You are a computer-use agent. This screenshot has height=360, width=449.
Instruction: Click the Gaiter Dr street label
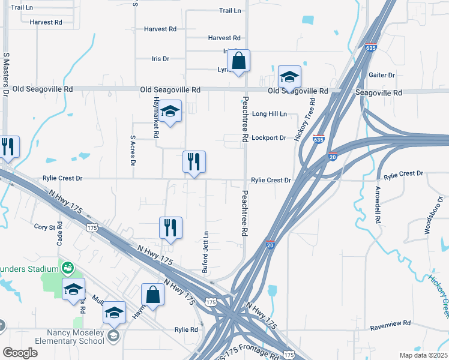tap(382, 75)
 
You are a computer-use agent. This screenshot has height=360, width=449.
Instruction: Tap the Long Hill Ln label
tap(269, 113)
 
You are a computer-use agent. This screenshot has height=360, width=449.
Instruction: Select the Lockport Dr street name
tap(268, 137)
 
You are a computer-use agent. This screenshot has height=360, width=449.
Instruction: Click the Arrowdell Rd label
tap(378, 205)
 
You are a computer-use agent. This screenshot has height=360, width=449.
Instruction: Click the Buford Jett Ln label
tap(206, 253)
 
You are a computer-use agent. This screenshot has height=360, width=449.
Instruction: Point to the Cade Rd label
tap(59, 234)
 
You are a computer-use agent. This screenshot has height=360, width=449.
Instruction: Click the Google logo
tap(20, 353)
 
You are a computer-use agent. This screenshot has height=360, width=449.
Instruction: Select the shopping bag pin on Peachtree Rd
tap(238, 61)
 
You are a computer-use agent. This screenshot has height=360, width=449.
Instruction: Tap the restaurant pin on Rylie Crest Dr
tap(194, 163)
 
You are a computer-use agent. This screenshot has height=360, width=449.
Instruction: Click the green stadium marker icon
tap(69, 267)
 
